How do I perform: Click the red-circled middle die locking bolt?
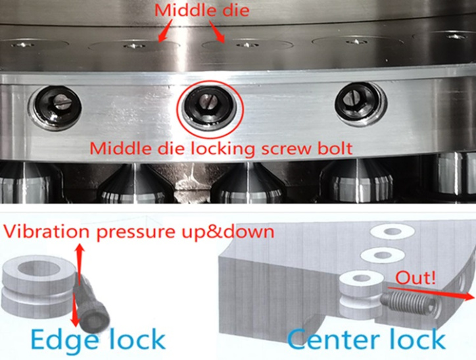pyautogui.click(x=209, y=108)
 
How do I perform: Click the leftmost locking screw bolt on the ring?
pyautogui.click(x=55, y=108)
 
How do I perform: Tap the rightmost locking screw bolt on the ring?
pyautogui.click(x=361, y=104)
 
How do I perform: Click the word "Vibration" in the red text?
pyautogui.click(x=46, y=232)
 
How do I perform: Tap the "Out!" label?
pyautogui.click(x=416, y=278)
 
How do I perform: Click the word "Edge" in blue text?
pyautogui.click(x=64, y=340)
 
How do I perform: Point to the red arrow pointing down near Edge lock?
pyautogui.click(x=74, y=309)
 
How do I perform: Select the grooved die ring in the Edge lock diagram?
pyautogui.click(x=39, y=286)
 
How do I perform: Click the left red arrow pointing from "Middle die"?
pyautogui.click(x=165, y=30)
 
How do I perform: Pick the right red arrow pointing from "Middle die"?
pyautogui.click(x=217, y=32)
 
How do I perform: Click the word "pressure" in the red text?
pyautogui.click(x=134, y=232)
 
